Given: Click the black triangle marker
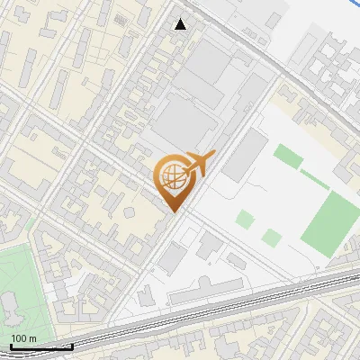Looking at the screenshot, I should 181,24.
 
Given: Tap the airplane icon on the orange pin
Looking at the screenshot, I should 198,165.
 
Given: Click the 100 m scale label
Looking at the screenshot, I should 23,338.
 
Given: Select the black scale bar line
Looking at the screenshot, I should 40,346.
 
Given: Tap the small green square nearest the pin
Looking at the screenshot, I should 245,219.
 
